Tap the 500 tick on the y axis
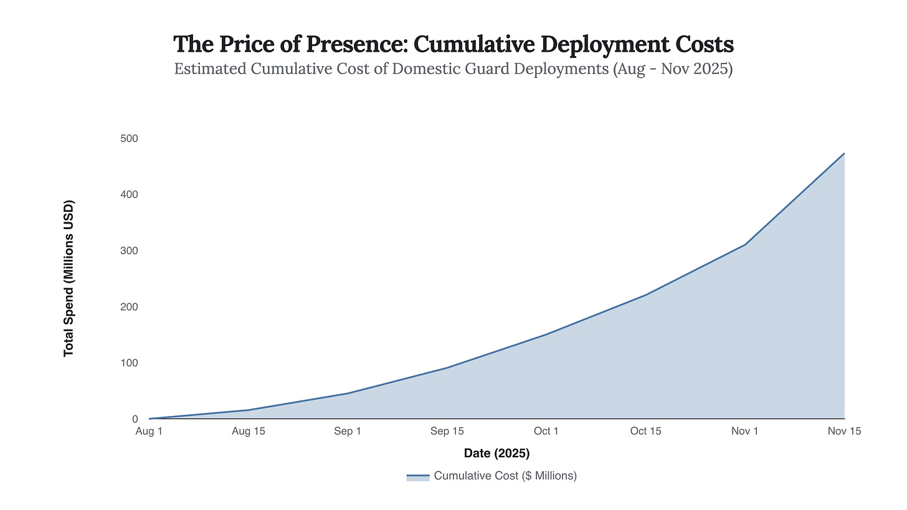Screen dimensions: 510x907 point(129,138)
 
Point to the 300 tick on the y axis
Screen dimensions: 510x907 point(129,250)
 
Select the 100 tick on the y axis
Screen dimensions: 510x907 point(129,362)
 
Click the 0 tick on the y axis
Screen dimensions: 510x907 point(134,419)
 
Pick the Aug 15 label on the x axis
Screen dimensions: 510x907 point(249,432)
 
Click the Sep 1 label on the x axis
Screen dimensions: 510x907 point(348,432)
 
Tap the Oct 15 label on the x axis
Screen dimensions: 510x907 point(645,432)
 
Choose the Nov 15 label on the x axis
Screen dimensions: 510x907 point(844,432)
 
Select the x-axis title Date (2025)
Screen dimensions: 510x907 point(496,453)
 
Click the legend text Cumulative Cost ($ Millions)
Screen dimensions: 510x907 point(505,476)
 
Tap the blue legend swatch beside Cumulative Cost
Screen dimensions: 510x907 point(418,476)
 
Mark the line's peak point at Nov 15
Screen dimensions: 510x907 point(844,153)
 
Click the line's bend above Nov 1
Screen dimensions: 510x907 point(745,245)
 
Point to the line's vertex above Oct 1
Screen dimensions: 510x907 point(546,334)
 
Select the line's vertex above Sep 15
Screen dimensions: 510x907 point(447,367)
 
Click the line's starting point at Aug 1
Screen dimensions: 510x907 point(150,418)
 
